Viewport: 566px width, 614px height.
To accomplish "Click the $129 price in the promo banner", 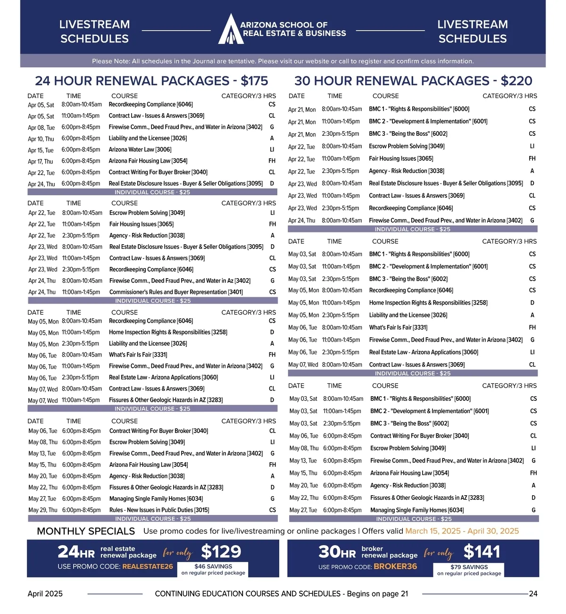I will click(x=221, y=551).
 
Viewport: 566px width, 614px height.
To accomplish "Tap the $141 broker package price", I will click(x=482, y=551).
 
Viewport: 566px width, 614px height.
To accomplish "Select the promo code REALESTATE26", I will click(x=148, y=566).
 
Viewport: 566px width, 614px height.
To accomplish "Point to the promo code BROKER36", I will click(x=395, y=566).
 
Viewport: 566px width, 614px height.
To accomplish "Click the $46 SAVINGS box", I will click(x=213, y=569).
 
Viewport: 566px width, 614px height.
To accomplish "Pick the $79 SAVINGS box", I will click(x=469, y=570).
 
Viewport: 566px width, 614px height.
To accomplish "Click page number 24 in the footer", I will click(x=533, y=594).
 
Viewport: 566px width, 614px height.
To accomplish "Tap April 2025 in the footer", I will click(x=45, y=594).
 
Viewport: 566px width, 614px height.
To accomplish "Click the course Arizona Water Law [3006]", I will click(x=140, y=149).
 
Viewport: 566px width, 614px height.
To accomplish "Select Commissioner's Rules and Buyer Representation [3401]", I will click(x=176, y=292).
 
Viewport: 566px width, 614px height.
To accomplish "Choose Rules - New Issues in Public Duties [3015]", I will click(x=159, y=510).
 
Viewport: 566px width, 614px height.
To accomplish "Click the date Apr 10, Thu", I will click(x=41, y=139).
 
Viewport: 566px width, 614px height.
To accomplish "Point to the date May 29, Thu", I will click(x=43, y=510).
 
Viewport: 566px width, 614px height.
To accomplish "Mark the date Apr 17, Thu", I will click(x=41, y=161).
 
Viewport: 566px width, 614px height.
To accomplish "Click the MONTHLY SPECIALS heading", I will click(x=86, y=531).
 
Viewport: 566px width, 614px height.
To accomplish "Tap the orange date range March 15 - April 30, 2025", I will click(x=462, y=531).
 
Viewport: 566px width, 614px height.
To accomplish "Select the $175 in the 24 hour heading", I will click(x=254, y=81).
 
